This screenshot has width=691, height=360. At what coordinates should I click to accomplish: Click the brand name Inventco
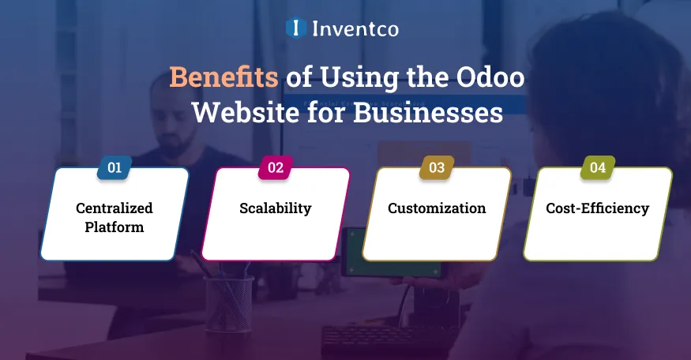click(x=355, y=29)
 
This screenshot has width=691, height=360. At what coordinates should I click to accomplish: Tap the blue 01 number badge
click(x=115, y=167)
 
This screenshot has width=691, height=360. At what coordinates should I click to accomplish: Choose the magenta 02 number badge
click(x=276, y=167)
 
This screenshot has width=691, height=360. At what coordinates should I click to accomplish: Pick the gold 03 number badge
click(x=437, y=167)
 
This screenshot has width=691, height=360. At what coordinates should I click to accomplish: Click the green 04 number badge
click(x=598, y=167)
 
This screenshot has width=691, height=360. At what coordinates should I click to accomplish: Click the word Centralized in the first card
click(x=115, y=208)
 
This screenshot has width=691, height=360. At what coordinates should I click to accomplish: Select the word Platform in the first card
click(x=115, y=227)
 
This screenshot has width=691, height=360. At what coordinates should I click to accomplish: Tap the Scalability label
click(x=276, y=208)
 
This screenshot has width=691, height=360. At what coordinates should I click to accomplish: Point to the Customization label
click(x=437, y=208)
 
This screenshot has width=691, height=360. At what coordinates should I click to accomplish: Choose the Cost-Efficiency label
click(x=598, y=208)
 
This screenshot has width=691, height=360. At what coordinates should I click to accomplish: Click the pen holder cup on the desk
click(x=229, y=304)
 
